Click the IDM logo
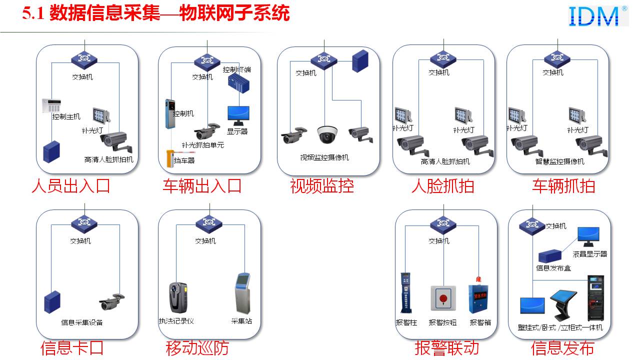click(598, 16)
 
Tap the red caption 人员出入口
click(70, 186)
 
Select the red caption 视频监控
click(322, 186)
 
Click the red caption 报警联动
click(446, 347)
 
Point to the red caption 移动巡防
click(197, 347)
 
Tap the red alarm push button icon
click(443, 298)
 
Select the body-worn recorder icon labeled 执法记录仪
click(177, 297)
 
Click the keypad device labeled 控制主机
click(51, 105)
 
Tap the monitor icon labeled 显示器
click(238, 115)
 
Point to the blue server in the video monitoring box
click(359, 61)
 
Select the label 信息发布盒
click(553, 268)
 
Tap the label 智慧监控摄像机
click(560, 162)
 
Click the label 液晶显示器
click(590, 254)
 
